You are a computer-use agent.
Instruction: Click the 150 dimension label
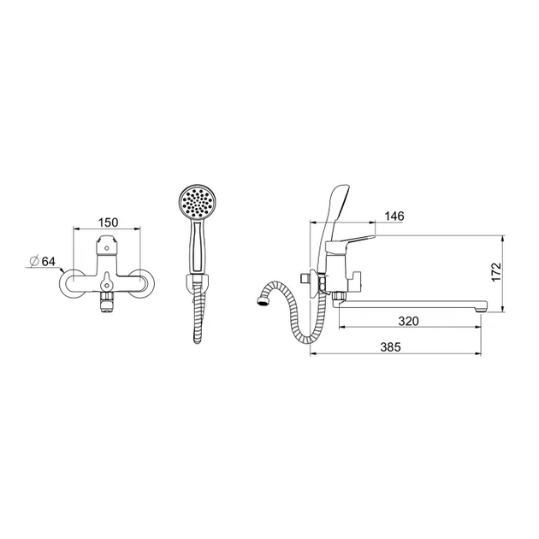(x=108, y=222)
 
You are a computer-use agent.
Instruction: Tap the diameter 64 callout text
(x=44, y=262)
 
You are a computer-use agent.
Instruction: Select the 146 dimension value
(x=394, y=216)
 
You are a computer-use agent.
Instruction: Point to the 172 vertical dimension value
(x=495, y=271)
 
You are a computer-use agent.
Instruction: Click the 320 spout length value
(x=409, y=321)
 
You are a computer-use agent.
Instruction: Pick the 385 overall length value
(x=390, y=346)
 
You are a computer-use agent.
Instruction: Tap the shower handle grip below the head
(x=198, y=246)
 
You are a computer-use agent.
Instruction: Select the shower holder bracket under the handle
(x=197, y=283)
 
